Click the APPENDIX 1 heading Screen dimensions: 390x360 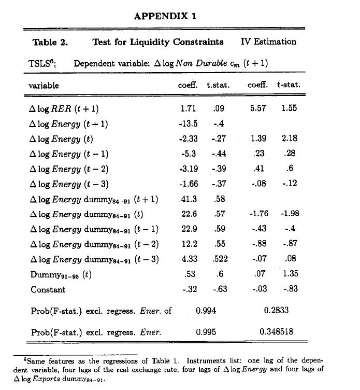[x=165, y=16]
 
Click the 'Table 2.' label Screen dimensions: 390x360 [x=50, y=42]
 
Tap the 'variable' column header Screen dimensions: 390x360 [x=43, y=85]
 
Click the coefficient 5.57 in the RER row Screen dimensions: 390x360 [x=257, y=109]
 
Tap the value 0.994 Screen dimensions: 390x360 [x=206, y=311]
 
